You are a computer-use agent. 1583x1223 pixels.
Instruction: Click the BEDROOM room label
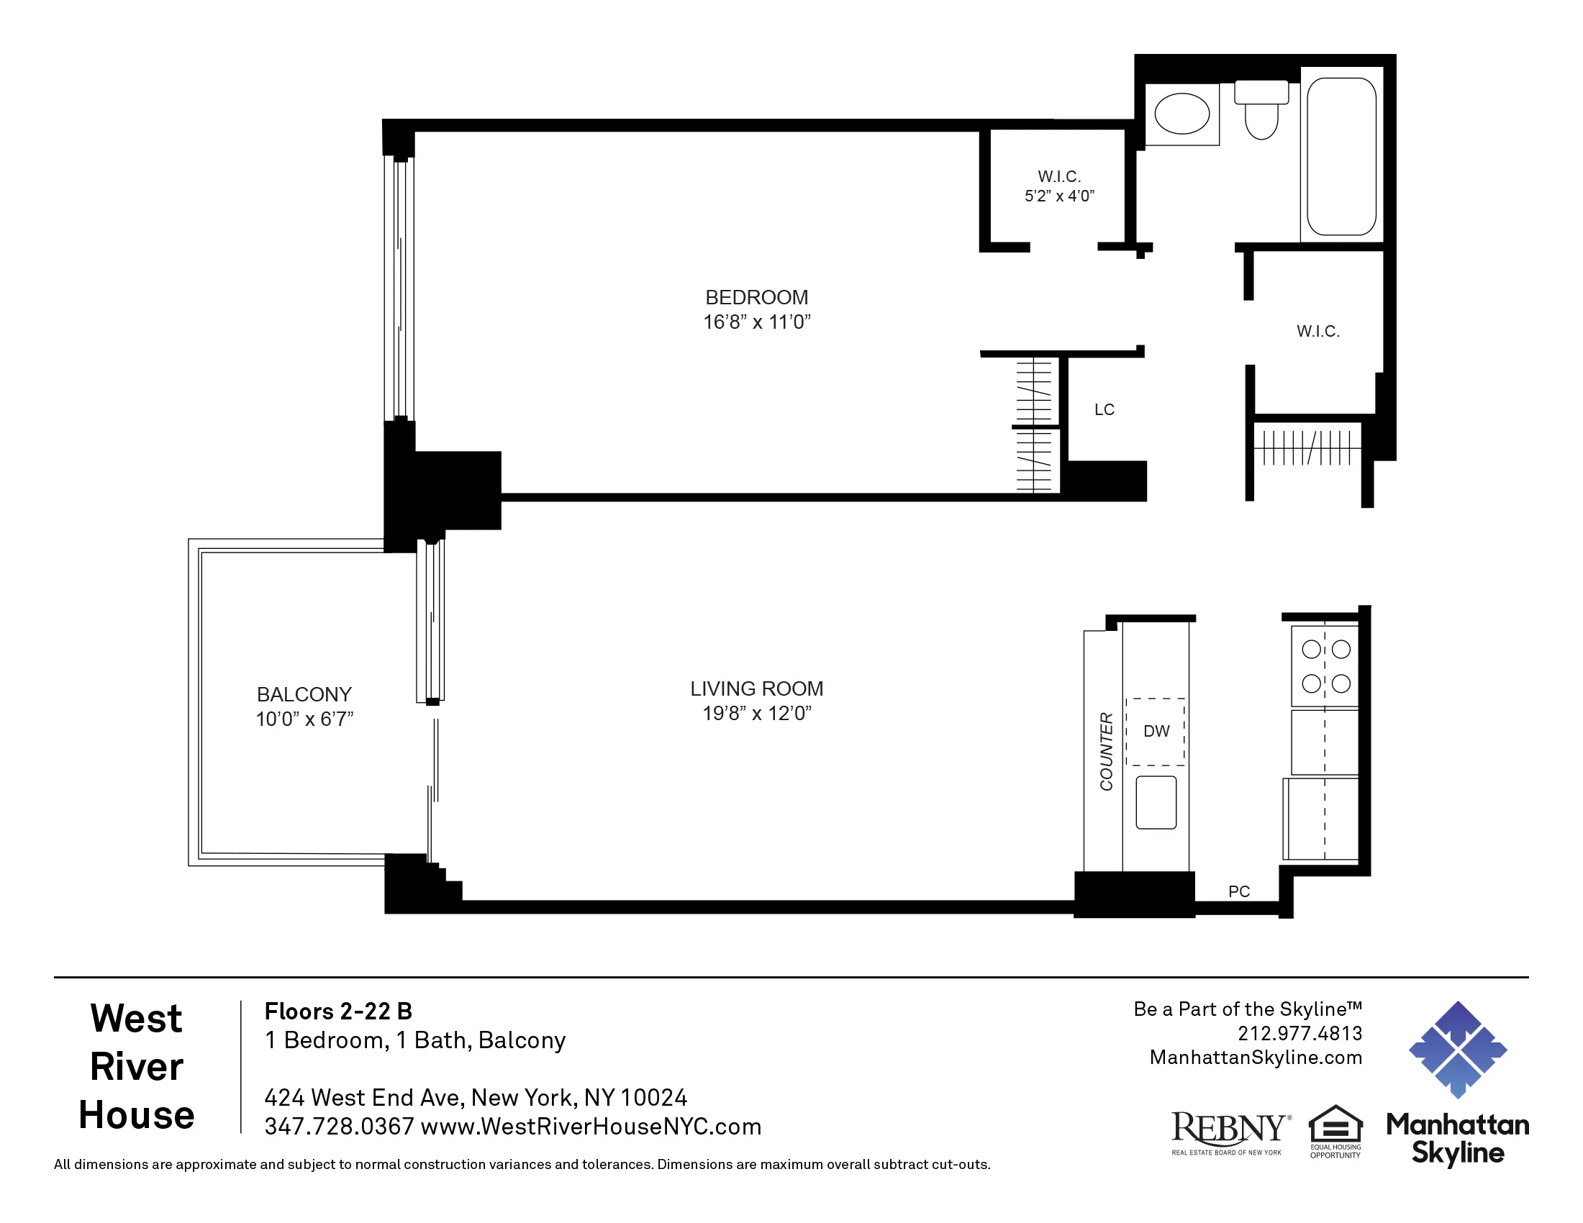pyautogui.click(x=756, y=297)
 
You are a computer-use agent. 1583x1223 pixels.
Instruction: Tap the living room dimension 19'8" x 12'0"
pyautogui.click(x=756, y=713)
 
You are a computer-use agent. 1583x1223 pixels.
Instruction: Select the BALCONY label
pyautogui.click(x=304, y=694)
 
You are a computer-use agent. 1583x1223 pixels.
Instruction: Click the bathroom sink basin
pyautogui.click(x=1181, y=114)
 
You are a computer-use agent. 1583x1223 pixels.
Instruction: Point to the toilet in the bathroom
pyautogui.click(x=1261, y=112)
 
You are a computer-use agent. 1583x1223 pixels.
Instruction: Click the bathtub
pyautogui.click(x=1341, y=157)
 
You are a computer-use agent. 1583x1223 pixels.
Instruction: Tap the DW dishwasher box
pyautogui.click(x=1156, y=731)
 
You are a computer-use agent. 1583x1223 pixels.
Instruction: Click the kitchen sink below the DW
pyautogui.click(x=1156, y=802)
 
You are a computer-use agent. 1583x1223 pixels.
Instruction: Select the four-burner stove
pyautogui.click(x=1325, y=666)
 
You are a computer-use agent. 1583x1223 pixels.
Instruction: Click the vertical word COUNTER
pyautogui.click(x=1105, y=751)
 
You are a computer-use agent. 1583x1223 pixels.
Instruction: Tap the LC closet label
pyautogui.click(x=1104, y=410)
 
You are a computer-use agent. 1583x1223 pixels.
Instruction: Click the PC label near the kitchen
pyautogui.click(x=1239, y=891)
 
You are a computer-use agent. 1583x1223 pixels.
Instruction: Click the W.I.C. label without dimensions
pyautogui.click(x=1317, y=332)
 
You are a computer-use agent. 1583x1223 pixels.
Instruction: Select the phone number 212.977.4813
pyautogui.click(x=1299, y=1033)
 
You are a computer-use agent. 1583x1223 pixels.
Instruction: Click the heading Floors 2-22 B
pyautogui.click(x=337, y=1011)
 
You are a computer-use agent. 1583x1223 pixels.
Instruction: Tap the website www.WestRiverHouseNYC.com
pyautogui.click(x=590, y=1127)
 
